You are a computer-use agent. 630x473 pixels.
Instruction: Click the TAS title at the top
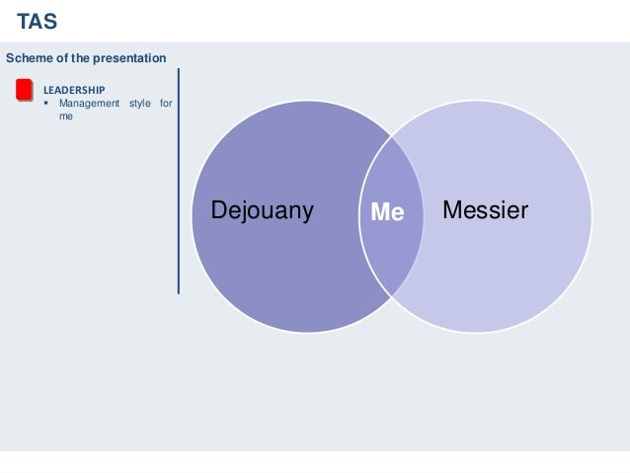pos(37,20)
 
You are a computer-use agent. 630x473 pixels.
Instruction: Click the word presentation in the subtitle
pos(131,59)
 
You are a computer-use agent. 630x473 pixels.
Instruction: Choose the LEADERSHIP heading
pos(73,90)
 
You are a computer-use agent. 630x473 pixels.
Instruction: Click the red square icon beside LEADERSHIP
pos(25,91)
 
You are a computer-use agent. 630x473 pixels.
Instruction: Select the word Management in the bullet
pos(90,104)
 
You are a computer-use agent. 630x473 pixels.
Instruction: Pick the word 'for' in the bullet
pos(165,104)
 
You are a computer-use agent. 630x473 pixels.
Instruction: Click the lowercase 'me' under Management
pos(65,116)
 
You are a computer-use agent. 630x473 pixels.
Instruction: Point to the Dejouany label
pos(262,210)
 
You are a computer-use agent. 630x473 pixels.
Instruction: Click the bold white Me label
pos(387,211)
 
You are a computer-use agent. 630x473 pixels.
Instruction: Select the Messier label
pos(485,210)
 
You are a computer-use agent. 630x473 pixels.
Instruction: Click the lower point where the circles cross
pos(392,295)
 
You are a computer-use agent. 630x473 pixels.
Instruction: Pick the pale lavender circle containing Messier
pos(504,267)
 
